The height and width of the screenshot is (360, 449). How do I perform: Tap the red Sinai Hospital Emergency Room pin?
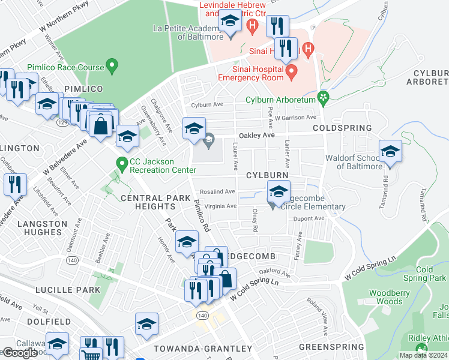[x=292, y=73]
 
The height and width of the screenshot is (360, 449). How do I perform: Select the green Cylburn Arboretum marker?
[x=324, y=97]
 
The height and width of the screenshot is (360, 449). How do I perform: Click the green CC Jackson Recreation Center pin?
[x=122, y=163]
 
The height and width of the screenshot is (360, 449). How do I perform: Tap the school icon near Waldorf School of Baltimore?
[x=390, y=152]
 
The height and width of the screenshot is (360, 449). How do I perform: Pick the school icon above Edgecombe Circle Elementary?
[x=278, y=192]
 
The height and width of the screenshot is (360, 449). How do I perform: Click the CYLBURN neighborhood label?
[x=267, y=175]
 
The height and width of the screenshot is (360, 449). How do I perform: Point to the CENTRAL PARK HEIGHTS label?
[x=148, y=202]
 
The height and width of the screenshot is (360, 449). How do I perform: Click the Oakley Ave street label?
[x=256, y=136]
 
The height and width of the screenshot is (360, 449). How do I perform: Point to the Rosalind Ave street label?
[x=221, y=191]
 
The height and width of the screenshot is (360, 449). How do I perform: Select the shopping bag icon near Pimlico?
[x=100, y=125]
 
